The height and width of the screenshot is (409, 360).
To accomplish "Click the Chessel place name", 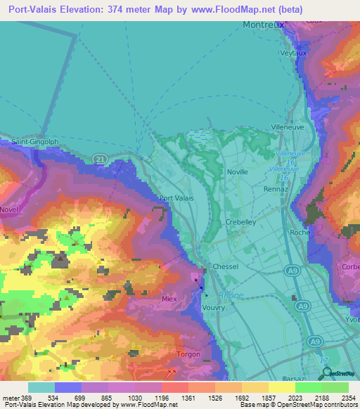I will [x=226, y=266].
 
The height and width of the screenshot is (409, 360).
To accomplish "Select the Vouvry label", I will [x=213, y=308].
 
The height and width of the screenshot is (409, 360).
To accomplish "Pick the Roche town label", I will [x=296, y=232].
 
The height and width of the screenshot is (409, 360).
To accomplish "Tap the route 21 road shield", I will [x=101, y=161].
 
